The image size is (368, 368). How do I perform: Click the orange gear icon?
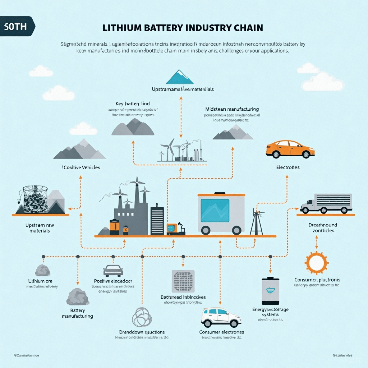tap(316, 263)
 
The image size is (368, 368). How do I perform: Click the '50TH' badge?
tap(17, 27)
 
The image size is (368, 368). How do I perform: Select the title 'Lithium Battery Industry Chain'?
tap(183, 28)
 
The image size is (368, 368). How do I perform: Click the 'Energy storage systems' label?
tap(271, 312)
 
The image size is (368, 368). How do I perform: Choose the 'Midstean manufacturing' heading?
tap(232, 109)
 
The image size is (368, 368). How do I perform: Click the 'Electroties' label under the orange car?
tap(287, 167)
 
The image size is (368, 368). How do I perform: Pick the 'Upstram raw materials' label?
tap(40, 228)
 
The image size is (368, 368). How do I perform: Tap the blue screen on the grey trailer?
tap(215, 211)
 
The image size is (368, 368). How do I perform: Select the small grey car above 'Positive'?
tap(113, 271)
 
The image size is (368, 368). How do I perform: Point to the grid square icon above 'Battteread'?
tap(183, 281)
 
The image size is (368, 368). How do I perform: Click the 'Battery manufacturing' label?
tap(77, 313)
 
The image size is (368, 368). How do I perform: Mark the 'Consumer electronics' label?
tap(221, 332)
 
